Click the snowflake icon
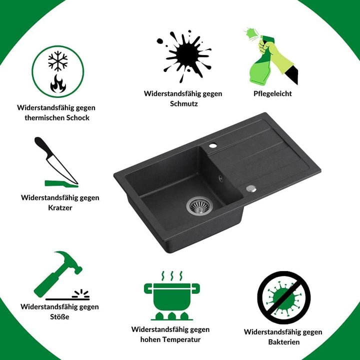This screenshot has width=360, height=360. pyautogui.click(x=58, y=61)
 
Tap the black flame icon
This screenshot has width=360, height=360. pyautogui.click(x=58, y=83)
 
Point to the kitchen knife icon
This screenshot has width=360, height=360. pyautogui.click(x=56, y=160)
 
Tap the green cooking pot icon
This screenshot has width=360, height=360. pyautogui.click(x=171, y=296)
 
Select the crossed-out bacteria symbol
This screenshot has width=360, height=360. pyautogui.click(x=284, y=297)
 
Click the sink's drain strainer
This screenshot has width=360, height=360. pyautogui.click(x=199, y=205)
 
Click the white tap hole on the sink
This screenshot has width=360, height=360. pyautogui.click(x=212, y=145)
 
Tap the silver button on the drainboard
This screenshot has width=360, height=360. pyautogui.click(x=251, y=188)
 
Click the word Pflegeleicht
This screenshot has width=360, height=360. pyautogui.click(x=272, y=93)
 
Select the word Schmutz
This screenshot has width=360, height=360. pyautogui.click(x=184, y=103)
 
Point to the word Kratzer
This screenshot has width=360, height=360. pyautogui.click(x=60, y=208)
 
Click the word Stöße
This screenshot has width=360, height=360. pyautogui.click(x=59, y=317)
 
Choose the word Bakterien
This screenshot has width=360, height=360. pyautogui.click(x=284, y=342)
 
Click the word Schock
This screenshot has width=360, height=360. pyautogui.click(x=78, y=118)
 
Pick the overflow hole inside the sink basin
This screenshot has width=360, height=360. pyautogui.click(x=220, y=178)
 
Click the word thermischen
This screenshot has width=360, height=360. pyautogui.click(x=44, y=118)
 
